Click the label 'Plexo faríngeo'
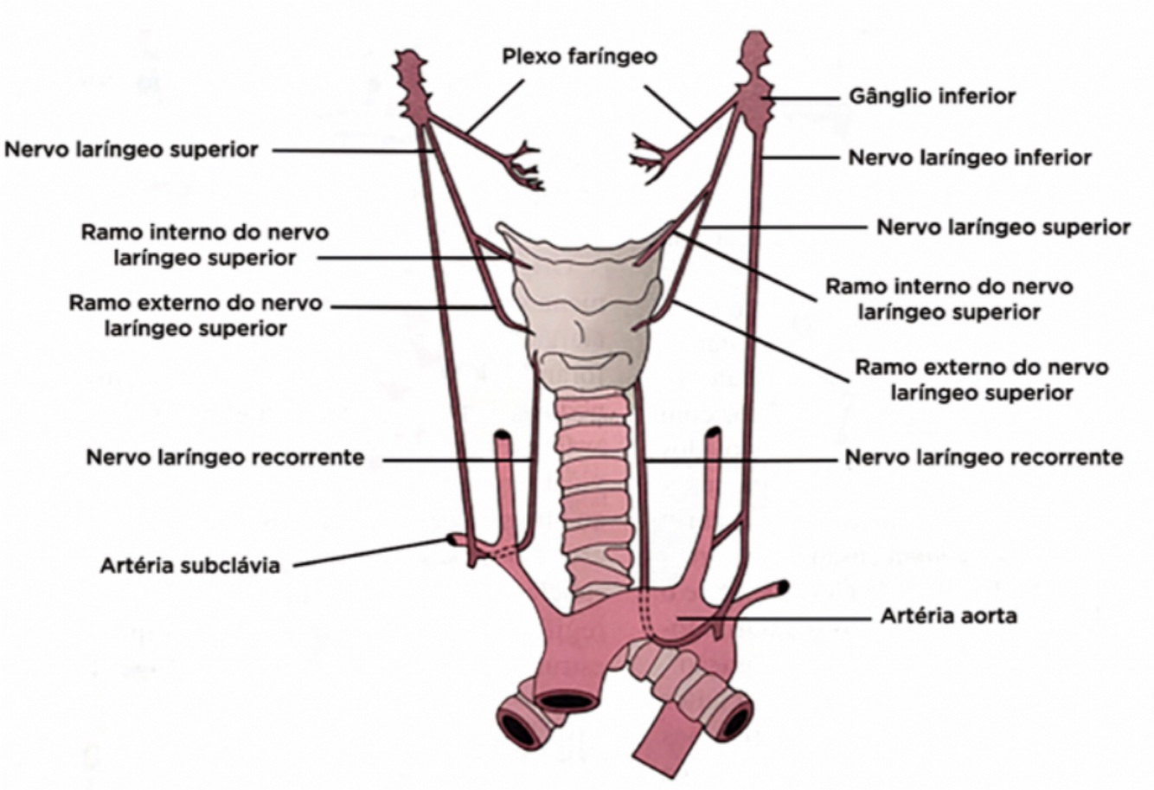tap(580, 56)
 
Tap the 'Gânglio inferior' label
tap(932, 96)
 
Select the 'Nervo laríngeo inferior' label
tap(969, 158)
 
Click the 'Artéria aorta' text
tap(948, 616)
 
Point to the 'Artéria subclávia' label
tap(189, 566)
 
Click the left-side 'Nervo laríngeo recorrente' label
tap(225, 457)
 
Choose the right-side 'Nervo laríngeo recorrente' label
tap(984, 457)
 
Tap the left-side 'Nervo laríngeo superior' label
tap(131, 150)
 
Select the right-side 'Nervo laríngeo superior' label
tap(1003, 228)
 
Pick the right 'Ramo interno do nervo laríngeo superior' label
tap(949, 299)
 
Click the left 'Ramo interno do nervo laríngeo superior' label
tap(205, 245)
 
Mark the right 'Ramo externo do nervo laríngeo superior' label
tap(982, 379)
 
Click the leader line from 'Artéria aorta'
tap(779, 617)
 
